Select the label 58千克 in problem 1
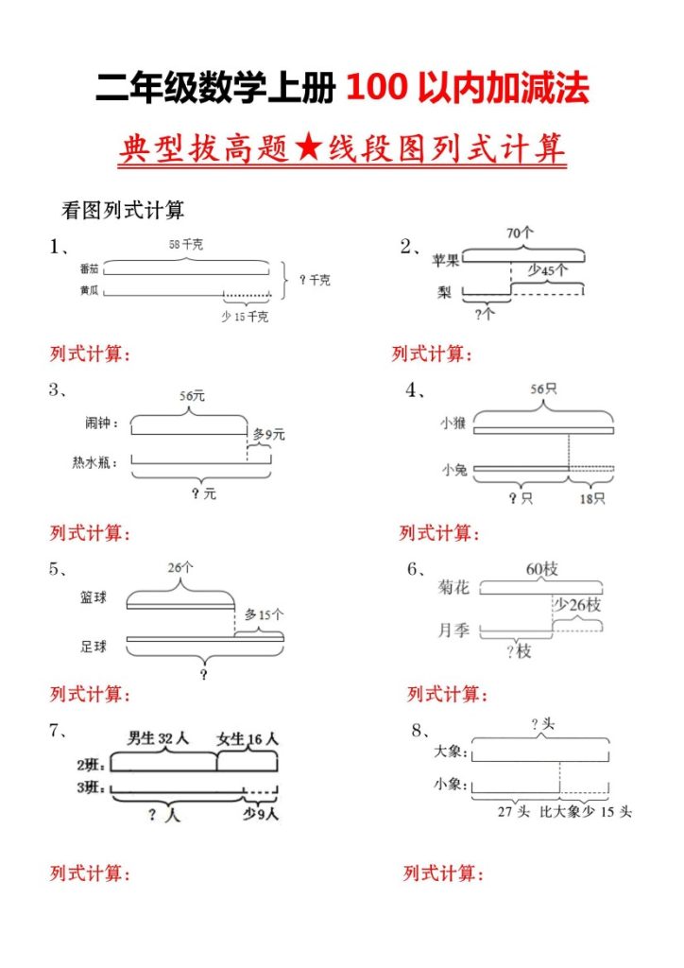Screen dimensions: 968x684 pyautogui.click(x=185, y=245)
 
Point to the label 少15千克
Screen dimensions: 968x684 pyautogui.click(x=245, y=317)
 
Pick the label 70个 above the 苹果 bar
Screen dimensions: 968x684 pyautogui.click(x=520, y=233)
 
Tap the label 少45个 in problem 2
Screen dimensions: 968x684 pyautogui.click(x=547, y=270)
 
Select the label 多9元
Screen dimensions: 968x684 pyautogui.click(x=267, y=435)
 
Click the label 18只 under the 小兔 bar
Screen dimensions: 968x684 pyautogui.click(x=592, y=498)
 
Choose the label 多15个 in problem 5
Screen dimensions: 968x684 pyautogui.click(x=264, y=614)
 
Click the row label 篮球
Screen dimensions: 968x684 pyautogui.click(x=94, y=597)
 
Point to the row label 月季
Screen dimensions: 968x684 pyautogui.click(x=453, y=630)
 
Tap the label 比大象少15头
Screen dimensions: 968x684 pyautogui.click(x=586, y=812)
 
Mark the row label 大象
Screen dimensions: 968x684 pyautogui.click(x=448, y=753)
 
